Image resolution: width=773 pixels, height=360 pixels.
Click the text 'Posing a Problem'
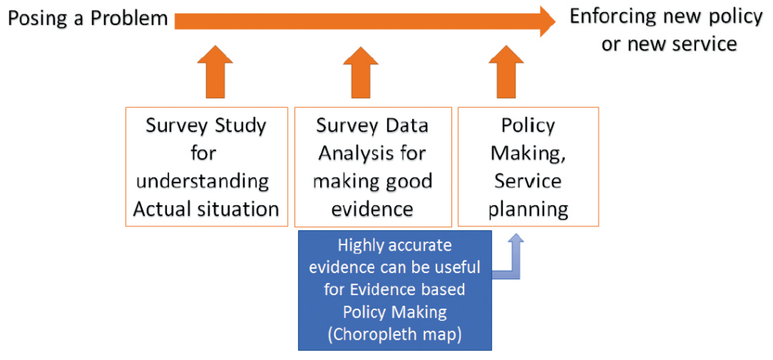(88, 18)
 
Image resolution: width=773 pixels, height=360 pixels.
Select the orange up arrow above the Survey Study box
(213, 73)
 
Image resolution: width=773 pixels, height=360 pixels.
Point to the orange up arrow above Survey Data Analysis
(360, 73)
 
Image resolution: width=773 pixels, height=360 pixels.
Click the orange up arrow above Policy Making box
(507, 73)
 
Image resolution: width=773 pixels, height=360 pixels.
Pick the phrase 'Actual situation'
(205, 208)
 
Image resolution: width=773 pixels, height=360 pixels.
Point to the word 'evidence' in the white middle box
(372, 208)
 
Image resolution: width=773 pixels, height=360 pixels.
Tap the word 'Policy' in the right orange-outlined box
(528, 125)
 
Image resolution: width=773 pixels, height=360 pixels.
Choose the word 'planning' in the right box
(528, 208)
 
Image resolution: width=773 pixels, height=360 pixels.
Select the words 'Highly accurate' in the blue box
(394, 245)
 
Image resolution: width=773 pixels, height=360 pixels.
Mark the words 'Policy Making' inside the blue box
(394, 311)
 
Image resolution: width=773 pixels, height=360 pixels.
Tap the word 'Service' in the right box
(528, 181)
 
